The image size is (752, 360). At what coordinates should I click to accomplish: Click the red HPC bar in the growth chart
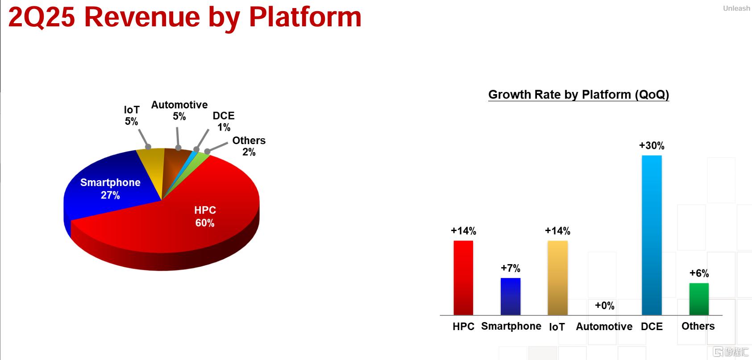[x=463, y=278]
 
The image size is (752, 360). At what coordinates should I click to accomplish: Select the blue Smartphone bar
[x=510, y=297]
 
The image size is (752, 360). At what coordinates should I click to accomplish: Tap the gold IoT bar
[x=557, y=278]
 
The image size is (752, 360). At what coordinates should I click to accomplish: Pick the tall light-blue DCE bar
[x=652, y=235]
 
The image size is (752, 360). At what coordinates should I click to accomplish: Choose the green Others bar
[x=699, y=299]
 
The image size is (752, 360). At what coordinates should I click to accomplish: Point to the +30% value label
[x=652, y=145]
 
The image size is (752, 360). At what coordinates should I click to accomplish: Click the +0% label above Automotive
[x=605, y=306]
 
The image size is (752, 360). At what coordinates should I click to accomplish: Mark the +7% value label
[x=510, y=268]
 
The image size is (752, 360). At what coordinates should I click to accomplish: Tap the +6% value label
[x=699, y=273]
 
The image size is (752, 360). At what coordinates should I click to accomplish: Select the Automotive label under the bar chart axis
[x=604, y=327]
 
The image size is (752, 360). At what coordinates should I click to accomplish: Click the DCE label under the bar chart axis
[x=652, y=327]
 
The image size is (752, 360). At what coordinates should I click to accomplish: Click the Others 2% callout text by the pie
[x=249, y=146]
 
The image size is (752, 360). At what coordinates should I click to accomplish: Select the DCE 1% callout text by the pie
[x=224, y=121]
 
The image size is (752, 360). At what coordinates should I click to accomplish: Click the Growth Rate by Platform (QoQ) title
[x=578, y=95]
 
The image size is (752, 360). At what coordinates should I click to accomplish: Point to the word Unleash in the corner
[x=736, y=8]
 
